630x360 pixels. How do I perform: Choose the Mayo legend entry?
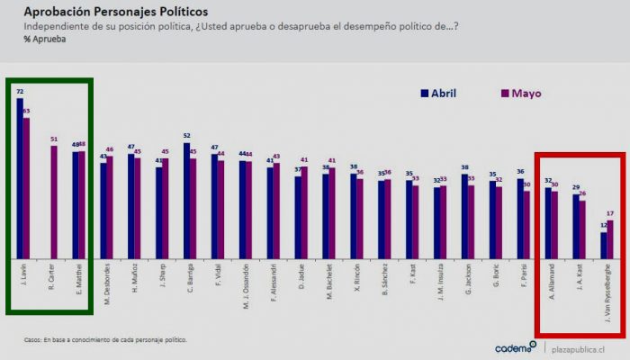pos(521,94)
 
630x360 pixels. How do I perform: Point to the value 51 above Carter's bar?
pos(54,139)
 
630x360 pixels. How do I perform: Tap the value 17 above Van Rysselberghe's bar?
pos(611,214)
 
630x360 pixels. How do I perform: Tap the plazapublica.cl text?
pos(579,347)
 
